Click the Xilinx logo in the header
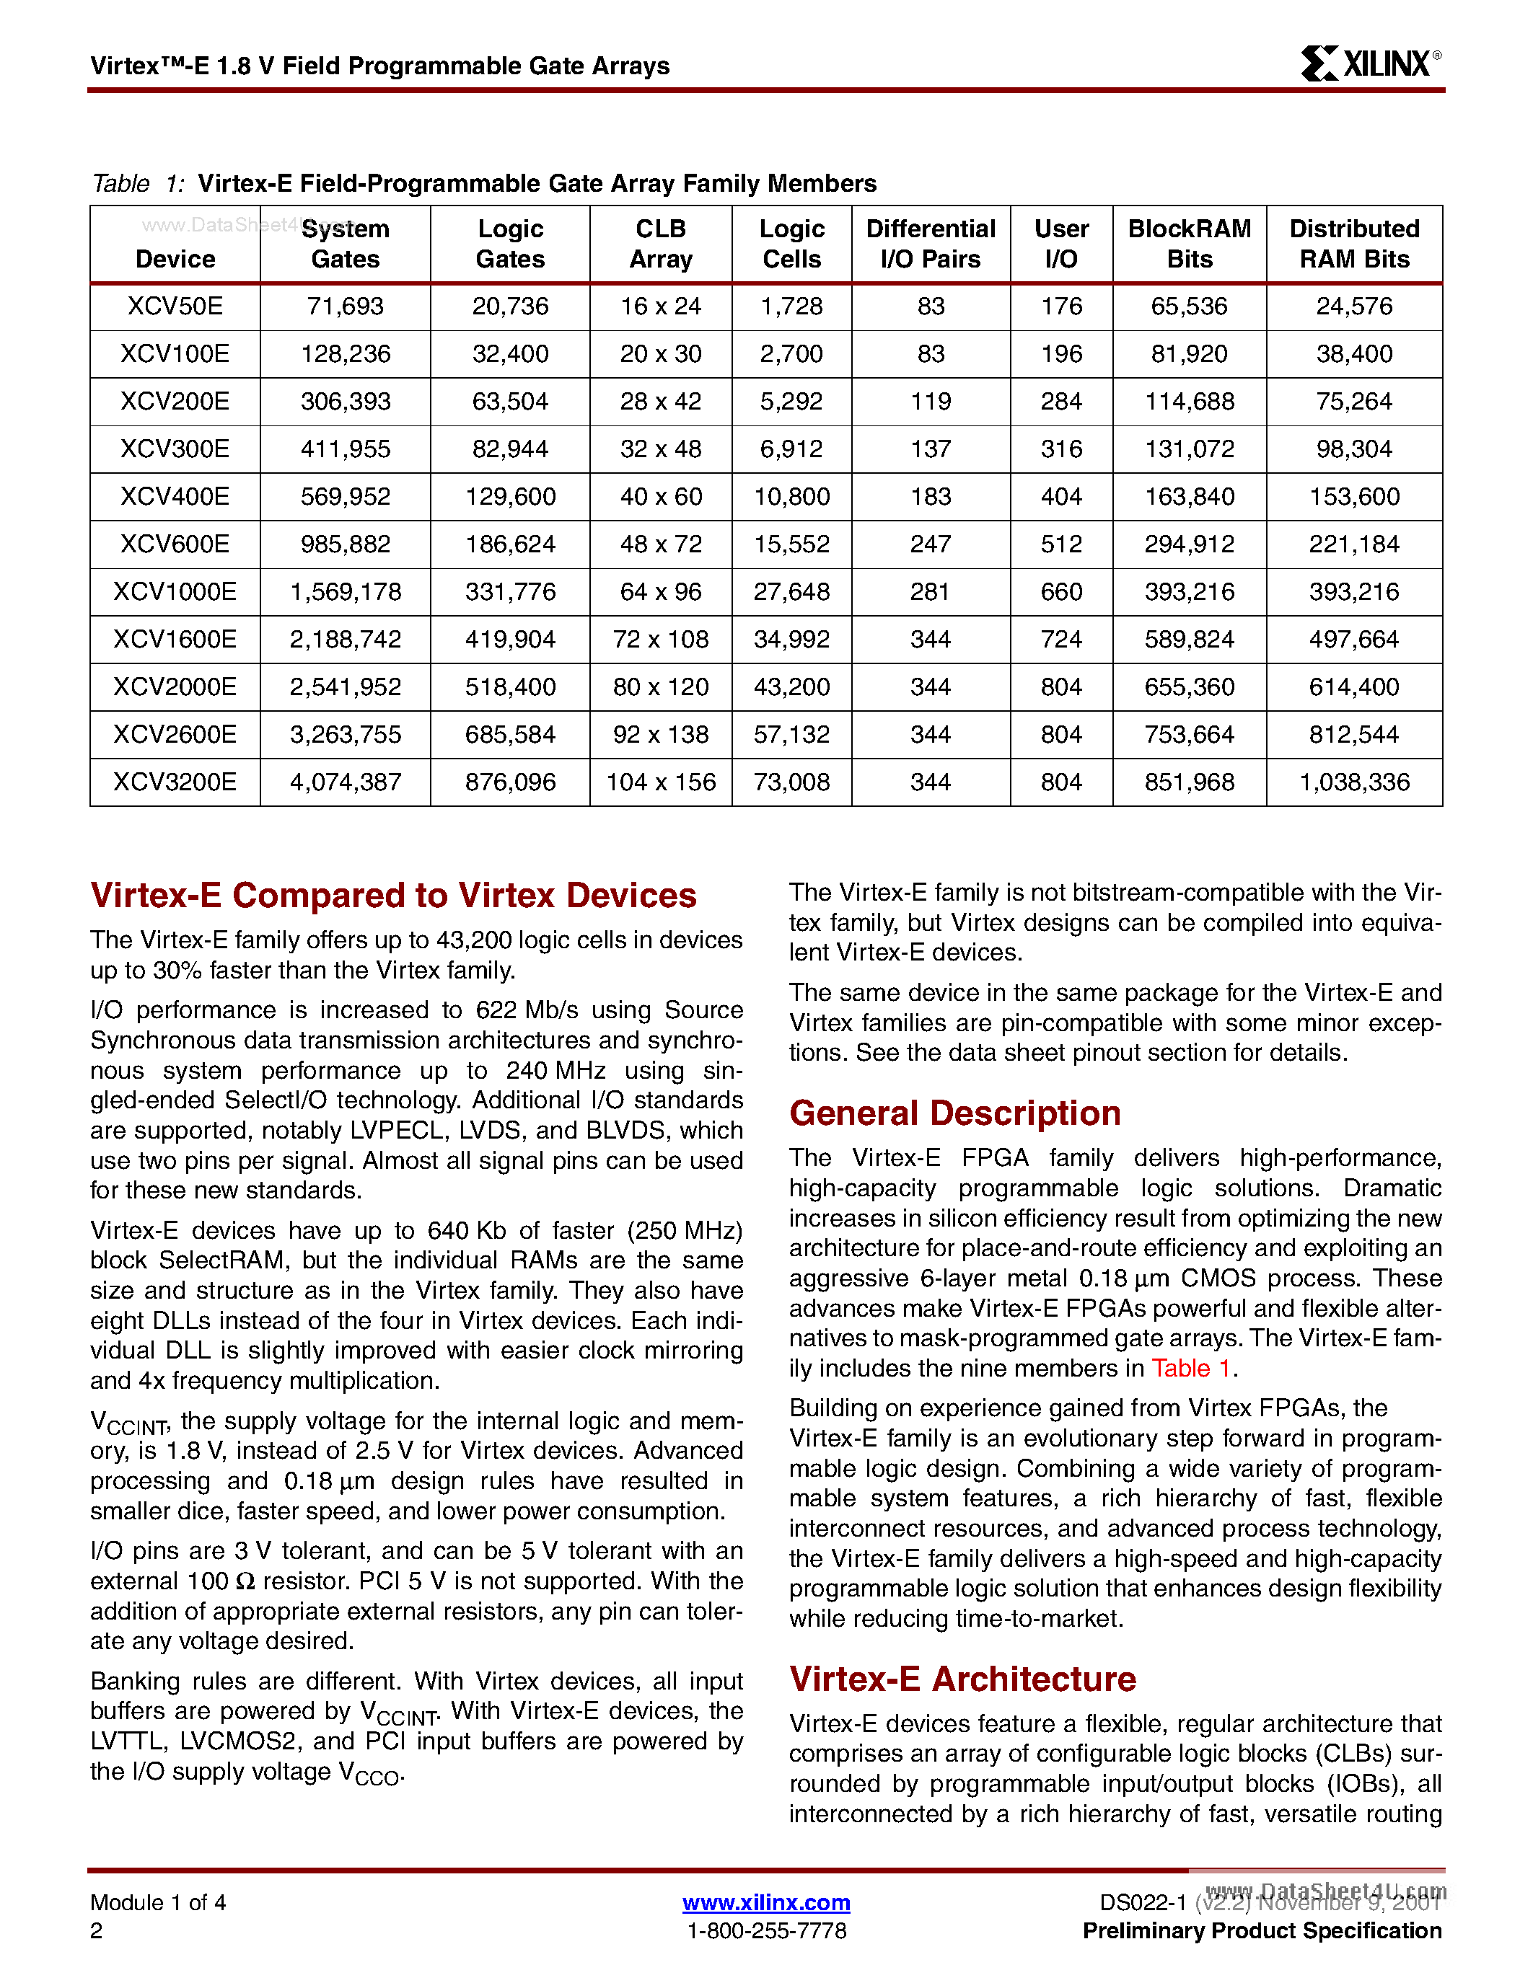tap(1369, 63)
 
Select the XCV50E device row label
tap(175, 306)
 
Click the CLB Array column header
tap(660, 243)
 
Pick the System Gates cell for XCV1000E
tap(345, 592)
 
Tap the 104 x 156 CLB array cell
tap(660, 782)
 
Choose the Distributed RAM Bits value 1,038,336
tap(1353, 782)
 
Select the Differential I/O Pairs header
tap(930, 243)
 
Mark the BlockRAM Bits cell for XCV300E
tap(1189, 449)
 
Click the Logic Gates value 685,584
tap(509, 735)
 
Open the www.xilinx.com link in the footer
tap(765, 1902)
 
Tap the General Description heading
tap(954, 1113)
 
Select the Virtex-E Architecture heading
tap(962, 1679)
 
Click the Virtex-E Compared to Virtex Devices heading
tap(393, 896)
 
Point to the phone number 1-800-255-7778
tap(765, 1930)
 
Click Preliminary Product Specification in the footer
tap(1262, 1930)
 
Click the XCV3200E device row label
tap(175, 782)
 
